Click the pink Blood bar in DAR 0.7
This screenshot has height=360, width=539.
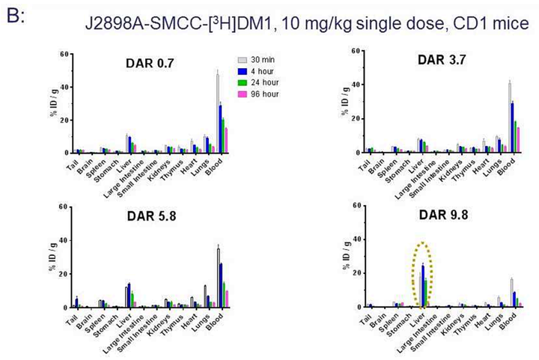point(227,140)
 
